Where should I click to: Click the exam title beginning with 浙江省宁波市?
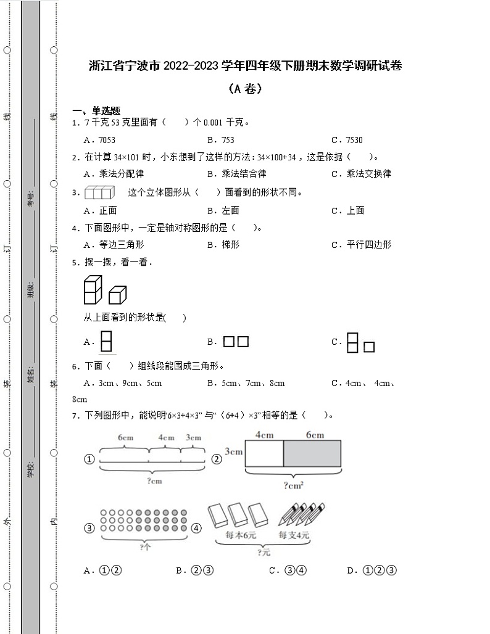(x=245, y=66)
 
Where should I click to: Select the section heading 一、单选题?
(x=96, y=110)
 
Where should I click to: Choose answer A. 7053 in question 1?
(x=100, y=140)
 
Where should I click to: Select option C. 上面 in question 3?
(x=347, y=210)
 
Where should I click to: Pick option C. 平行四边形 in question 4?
(x=361, y=245)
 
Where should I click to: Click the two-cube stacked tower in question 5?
(x=93, y=289)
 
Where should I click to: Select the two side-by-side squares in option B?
(x=236, y=342)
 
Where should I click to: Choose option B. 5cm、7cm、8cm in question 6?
(x=246, y=383)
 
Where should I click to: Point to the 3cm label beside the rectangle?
(x=233, y=451)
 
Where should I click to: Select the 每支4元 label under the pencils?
(x=294, y=535)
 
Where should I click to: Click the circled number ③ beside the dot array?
(x=89, y=528)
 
